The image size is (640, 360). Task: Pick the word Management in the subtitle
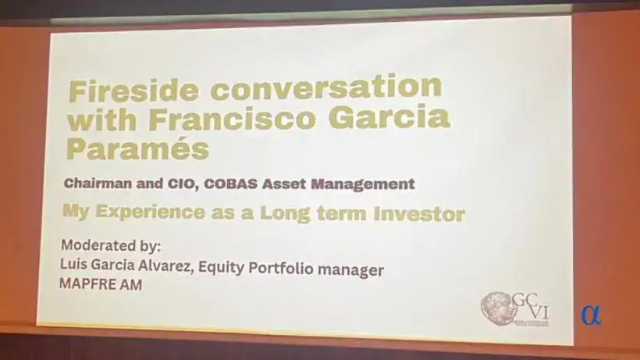tap(364, 184)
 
